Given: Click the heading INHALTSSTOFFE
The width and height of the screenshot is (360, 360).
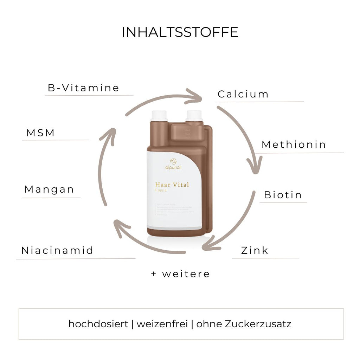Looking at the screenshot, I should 180,32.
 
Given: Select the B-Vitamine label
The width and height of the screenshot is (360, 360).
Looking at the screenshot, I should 83,88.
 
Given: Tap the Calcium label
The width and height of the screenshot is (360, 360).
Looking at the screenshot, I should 243,94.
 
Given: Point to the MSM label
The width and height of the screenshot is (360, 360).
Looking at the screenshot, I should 41,133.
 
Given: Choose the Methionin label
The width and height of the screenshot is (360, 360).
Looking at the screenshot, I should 294,144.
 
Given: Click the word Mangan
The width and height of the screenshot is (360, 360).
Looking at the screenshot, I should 49,189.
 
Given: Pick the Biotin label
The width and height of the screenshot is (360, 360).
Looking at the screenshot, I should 283,195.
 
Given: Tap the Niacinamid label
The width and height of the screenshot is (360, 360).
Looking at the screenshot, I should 57,251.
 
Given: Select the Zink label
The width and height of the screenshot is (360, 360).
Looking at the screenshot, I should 255,251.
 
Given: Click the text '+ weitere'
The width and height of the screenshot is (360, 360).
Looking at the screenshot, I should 180,274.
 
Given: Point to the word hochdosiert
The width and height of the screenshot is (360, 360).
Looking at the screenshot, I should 98,324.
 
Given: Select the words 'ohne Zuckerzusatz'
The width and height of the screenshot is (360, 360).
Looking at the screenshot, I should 244,324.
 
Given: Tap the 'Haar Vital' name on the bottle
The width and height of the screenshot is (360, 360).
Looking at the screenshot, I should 172,185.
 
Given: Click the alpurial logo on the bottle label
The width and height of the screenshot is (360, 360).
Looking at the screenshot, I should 173,164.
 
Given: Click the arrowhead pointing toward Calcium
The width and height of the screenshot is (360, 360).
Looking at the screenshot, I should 195,96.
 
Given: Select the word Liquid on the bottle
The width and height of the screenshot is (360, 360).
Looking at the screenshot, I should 161,191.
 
